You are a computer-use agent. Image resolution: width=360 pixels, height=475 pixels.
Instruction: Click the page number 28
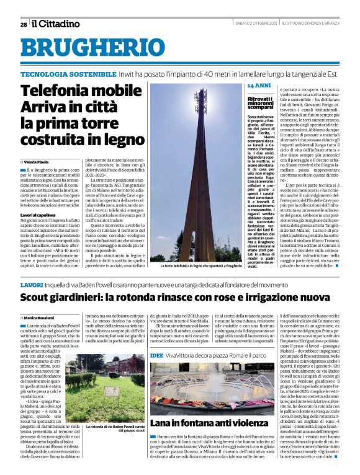click(23, 24)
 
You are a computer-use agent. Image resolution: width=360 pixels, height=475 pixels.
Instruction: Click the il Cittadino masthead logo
click(56, 24)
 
